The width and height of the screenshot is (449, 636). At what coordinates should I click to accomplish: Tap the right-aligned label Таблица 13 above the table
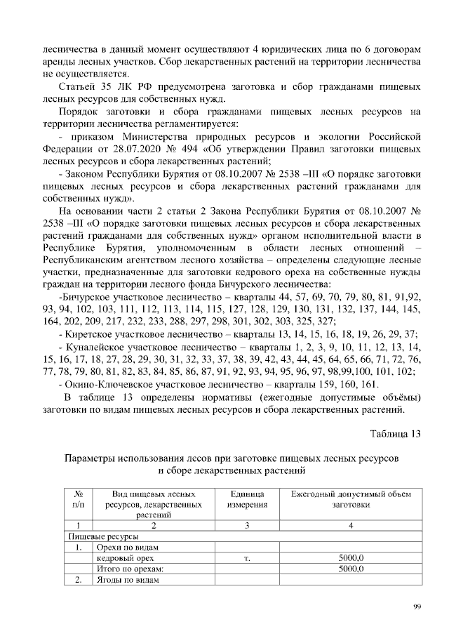(x=395, y=432)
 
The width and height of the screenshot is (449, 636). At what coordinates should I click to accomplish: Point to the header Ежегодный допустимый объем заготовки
(x=351, y=500)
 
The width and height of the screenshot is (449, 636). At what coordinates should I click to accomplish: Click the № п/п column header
(x=79, y=500)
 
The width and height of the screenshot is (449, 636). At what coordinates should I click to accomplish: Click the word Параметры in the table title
(x=91, y=457)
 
